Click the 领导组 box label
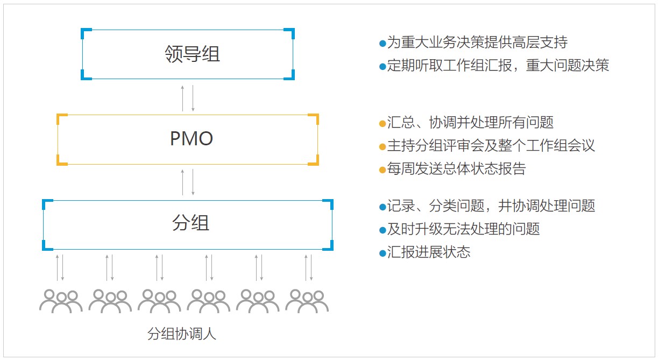192,54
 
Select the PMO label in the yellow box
192,139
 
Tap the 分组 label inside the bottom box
191,223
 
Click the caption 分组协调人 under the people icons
182,334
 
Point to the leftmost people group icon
61,301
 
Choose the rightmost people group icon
307,301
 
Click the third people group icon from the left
159,301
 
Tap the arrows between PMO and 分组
188,182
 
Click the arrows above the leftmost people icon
60,267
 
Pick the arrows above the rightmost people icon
309,267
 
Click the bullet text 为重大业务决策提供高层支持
477,42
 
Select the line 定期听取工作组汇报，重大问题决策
498,66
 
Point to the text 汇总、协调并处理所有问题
470,123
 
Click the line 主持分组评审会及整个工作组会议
491,146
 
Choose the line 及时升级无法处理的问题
463,229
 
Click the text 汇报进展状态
429,252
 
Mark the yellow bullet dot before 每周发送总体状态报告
382,170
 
